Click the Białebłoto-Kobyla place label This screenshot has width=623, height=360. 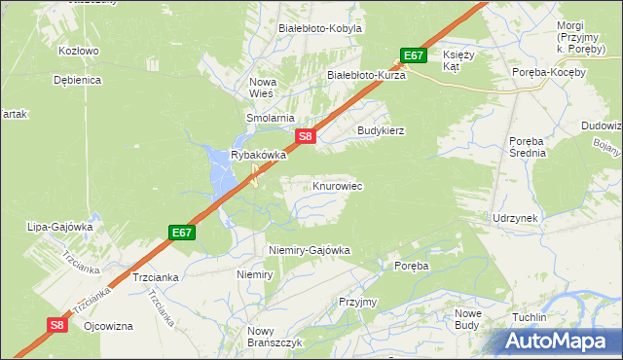tap(320, 28)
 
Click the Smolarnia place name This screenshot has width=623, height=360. tap(270, 118)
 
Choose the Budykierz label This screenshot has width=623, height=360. tap(381, 129)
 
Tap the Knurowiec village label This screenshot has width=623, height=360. tap(338, 185)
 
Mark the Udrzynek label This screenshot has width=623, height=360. tap(516, 218)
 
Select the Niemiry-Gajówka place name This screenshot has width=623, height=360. tap(309, 250)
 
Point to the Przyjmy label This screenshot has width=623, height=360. tap(357, 302)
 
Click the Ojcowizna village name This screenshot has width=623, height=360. tap(108, 326)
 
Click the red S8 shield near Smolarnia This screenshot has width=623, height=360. tap(305, 137)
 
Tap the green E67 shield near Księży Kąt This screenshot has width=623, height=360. tap(413, 55)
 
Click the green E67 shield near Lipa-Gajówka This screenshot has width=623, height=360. tap(182, 233)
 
